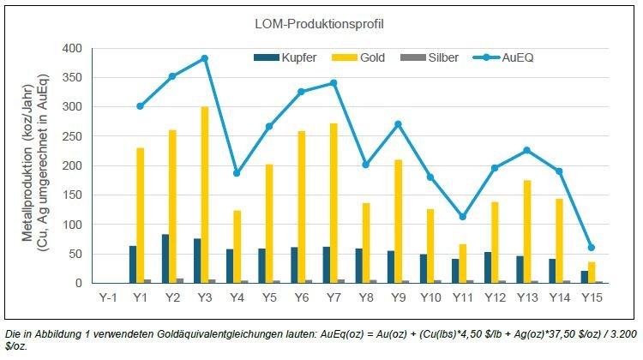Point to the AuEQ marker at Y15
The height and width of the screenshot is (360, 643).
[x=591, y=248]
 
